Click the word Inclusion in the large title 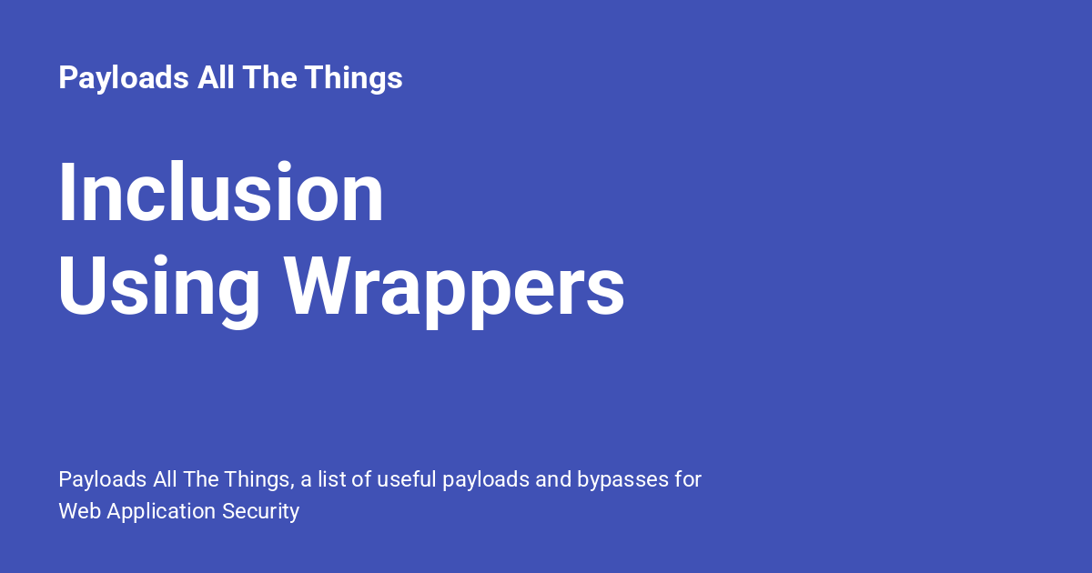(x=221, y=193)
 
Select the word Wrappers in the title (x=454, y=286)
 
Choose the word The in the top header (x=268, y=79)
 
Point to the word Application (x=161, y=512)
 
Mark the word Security (x=260, y=512)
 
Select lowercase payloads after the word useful (x=485, y=480)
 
